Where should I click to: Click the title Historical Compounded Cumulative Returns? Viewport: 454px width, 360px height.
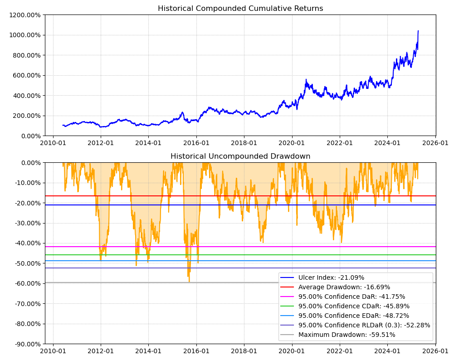coord(240,9)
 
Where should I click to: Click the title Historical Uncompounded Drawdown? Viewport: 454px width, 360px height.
coord(240,156)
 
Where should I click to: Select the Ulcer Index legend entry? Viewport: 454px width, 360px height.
coord(331,277)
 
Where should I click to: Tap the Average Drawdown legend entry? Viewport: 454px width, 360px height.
coord(344,287)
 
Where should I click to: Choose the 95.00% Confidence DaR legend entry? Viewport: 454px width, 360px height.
coord(351,297)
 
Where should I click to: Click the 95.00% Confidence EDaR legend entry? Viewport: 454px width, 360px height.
coord(353,316)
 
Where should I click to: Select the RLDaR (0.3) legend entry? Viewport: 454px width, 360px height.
coord(364,325)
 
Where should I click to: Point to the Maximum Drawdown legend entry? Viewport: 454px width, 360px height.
coord(347,335)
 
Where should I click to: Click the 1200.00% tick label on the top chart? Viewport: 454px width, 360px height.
coord(24,15)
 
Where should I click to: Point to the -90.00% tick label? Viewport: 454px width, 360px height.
coord(27,344)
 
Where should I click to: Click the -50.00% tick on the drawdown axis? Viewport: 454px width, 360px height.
coord(27,263)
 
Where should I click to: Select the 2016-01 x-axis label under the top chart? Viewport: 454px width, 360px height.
coord(196,143)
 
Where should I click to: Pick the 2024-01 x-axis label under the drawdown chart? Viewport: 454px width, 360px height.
coord(387,351)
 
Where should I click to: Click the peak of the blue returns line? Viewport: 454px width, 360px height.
coord(418,31)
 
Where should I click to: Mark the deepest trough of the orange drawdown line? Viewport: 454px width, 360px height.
coord(189,282)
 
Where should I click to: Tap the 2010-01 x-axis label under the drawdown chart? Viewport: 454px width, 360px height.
coord(53,351)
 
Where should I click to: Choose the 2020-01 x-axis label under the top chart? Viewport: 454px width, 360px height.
coord(292,143)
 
